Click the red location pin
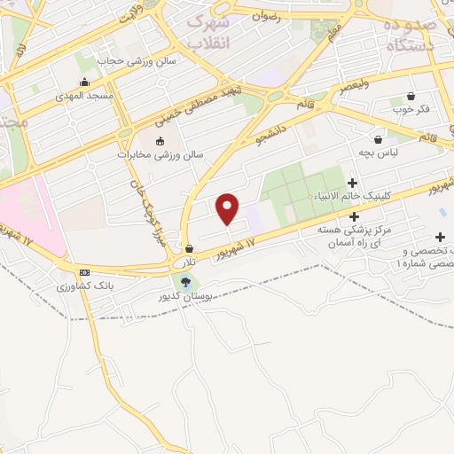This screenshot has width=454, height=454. click(228, 207)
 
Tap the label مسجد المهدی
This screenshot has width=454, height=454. click(83, 95)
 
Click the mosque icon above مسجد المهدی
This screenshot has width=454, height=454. click(84, 82)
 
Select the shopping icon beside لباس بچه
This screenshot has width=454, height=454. click(379, 139)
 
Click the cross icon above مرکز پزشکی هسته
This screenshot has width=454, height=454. click(354, 215)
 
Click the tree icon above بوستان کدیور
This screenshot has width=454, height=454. click(184, 282)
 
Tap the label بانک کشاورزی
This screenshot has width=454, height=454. click(83, 286)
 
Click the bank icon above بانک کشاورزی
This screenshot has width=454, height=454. click(84, 272)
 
